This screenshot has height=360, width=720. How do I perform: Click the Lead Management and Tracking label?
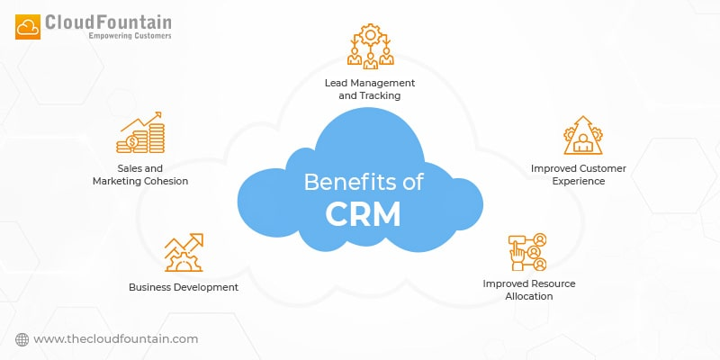362,88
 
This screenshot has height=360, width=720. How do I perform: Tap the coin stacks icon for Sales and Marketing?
140,133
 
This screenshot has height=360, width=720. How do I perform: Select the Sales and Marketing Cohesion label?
140,175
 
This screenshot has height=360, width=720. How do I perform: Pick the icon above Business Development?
183,253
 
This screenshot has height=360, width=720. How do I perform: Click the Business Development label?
184,287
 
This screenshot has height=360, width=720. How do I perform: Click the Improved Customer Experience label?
579,175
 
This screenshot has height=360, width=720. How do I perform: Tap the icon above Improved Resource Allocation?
528,253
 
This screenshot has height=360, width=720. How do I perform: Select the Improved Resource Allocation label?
528,290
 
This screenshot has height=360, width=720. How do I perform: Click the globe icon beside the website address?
22,338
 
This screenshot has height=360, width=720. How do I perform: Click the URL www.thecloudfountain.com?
115,338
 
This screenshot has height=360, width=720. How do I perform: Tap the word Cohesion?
164,181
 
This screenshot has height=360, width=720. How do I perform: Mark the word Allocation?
528,296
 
